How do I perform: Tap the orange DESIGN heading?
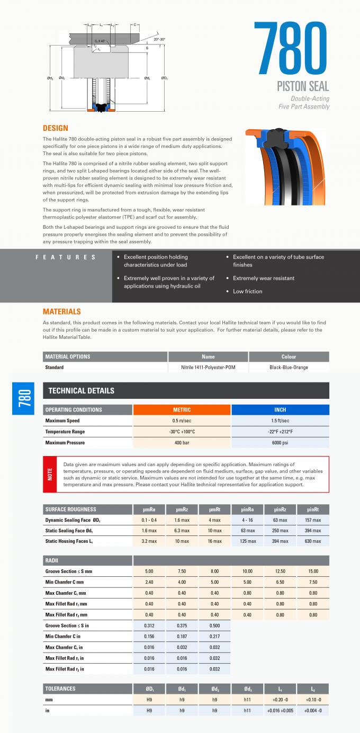pos(55,128)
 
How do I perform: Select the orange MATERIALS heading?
pos(61,311)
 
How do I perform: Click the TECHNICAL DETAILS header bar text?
pos(81,391)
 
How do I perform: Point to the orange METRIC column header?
pos(182,409)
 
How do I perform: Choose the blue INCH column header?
pos(280,409)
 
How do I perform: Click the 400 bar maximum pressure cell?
pos(182,443)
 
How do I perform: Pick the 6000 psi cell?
pos(280,443)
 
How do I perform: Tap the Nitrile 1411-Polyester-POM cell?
pos(208,367)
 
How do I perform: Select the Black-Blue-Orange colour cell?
pos(289,367)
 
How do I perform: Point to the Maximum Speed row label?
pos(62,421)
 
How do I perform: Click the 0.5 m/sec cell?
pos(182,421)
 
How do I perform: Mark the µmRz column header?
pos(182,509)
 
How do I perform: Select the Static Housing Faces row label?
pos(69,541)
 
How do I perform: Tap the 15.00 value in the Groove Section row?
pos(313,571)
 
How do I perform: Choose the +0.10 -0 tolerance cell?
pos(313,700)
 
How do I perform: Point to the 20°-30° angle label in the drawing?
pos(159,39)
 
